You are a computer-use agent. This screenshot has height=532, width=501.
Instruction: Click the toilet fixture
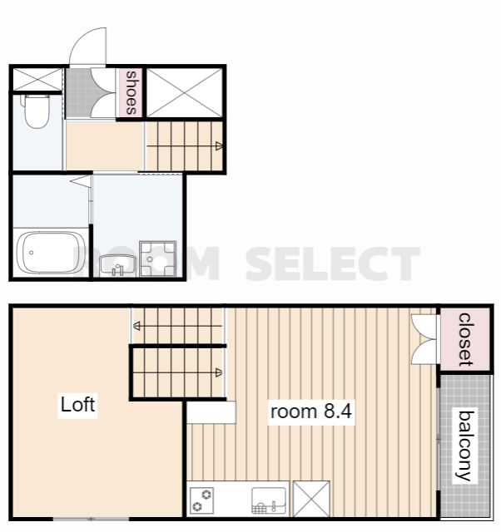pyautogui.click(x=37, y=111)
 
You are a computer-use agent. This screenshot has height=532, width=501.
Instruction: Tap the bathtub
pyautogui.click(x=51, y=253)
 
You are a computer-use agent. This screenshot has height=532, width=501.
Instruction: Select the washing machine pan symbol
pyautogui.click(x=157, y=259)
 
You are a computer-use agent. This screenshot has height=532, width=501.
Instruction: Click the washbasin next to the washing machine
pyautogui.click(x=117, y=266)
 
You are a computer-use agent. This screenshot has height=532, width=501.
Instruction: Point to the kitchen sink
pyautogui.click(x=269, y=500)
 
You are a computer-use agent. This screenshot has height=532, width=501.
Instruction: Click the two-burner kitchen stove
pyautogui.click(x=201, y=500)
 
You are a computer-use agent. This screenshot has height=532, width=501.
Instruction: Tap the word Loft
pyautogui.click(x=77, y=405)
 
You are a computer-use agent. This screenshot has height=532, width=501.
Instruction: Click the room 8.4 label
pyautogui.click(x=310, y=411)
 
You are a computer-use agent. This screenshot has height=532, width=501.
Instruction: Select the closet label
pyautogui.click(x=465, y=340)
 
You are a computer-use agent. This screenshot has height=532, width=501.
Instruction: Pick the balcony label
pyautogui.click(x=466, y=446)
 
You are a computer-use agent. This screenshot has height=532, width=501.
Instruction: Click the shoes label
pyautogui.click(x=131, y=92)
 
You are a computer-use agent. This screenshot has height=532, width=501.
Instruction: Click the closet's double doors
pyautogui.click(x=424, y=339)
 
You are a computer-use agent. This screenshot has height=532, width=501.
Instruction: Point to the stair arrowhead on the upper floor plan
pyautogui.click(x=219, y=146)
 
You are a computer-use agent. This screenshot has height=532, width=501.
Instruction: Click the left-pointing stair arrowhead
pyautogui.click(x=136, y=326)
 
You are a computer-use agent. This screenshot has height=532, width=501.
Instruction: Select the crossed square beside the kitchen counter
pyautogui.click(x=311, y=499)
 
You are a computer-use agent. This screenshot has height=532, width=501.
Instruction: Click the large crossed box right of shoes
pyautogui.click(x=185, y=92)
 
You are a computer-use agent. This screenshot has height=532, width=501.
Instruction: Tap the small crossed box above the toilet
pyautogui.click(x=37, y=80)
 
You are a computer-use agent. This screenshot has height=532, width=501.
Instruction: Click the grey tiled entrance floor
pyautogui.click(x=79, y=92)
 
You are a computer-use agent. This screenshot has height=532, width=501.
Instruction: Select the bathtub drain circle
pyautogui.click(x=32, y=253)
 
